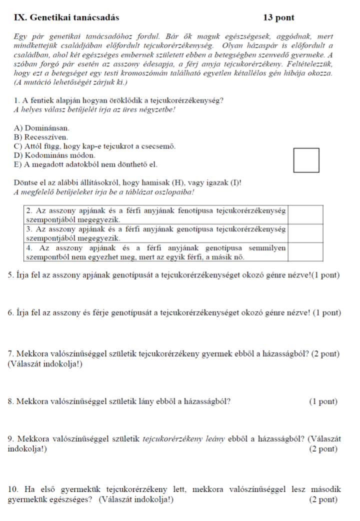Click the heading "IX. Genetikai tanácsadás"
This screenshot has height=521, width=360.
coord(67,18)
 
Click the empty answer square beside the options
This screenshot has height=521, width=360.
coord(306,160)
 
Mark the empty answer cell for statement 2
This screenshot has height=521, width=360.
coord(305,216)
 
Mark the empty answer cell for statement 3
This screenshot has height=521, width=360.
coord(305,233)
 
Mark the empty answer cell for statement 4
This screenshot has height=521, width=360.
coord(305,251)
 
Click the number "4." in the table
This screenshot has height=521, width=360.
coord(29,247)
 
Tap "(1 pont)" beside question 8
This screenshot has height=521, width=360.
coord(323,401)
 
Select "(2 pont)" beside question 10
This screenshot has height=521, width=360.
coord(323,499)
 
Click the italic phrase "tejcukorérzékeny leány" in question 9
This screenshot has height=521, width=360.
coord(184,439)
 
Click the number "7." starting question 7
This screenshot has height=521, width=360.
coord(11,354)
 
